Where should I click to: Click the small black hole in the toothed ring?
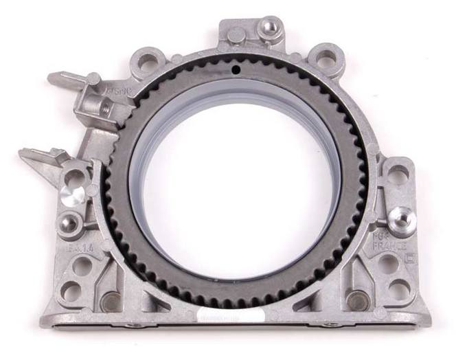click(x=236, y=69)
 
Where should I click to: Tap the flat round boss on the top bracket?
click(x=236, y=34)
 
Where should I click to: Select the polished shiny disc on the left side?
click(x=73, y=193)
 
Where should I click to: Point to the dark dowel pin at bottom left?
click(x=110, y=300)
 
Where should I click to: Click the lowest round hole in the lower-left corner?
click(x=71, y=292)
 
